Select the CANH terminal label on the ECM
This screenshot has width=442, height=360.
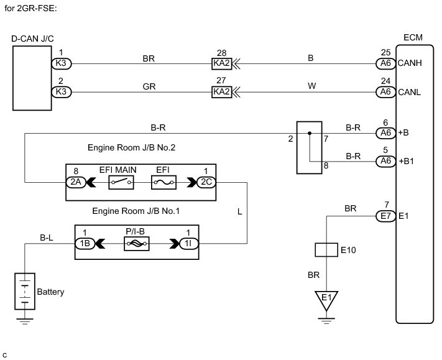(407, 63)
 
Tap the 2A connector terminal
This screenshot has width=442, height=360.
(75, 182)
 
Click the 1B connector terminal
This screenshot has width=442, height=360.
(84, 244)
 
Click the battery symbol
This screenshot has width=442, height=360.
(25, 292)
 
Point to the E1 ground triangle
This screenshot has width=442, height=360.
(326, 300)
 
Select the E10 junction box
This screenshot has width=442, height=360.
(326, 251)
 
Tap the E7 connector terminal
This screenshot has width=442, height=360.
(385, 216)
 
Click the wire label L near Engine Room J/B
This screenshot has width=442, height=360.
(240, 212)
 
